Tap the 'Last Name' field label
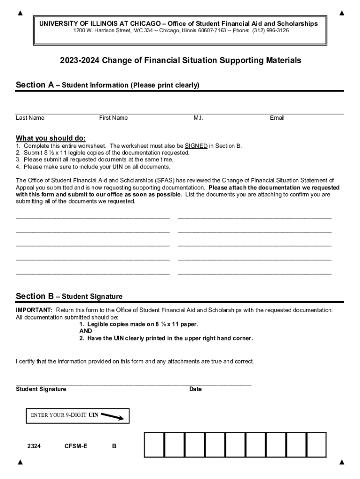coord(30,118)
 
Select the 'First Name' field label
coord(113,118)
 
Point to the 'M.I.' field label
coord(198,118)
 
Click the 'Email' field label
coord(277,118)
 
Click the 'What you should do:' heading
coord(50,138)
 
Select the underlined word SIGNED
coord(196,146)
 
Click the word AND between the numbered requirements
coord(86,331)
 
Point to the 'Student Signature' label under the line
coord(41,389)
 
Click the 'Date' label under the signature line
coord(195,389)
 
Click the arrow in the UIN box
coord(112,416)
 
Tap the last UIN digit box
coord(317,445)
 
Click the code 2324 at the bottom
coord(34,446)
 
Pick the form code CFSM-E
coord(76,446)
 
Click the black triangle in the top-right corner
coord(342,13)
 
